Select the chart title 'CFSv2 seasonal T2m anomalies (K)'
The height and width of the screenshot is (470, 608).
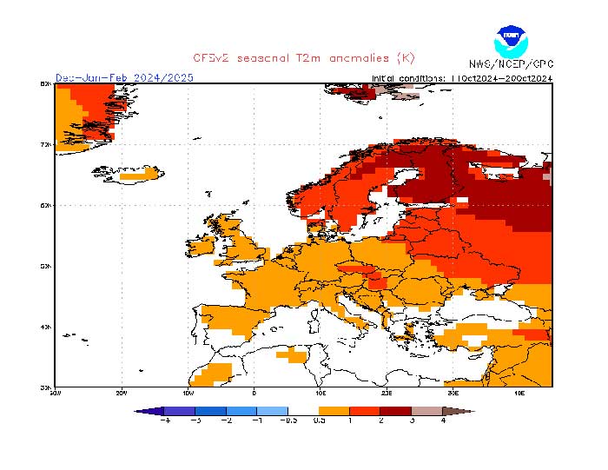coord(304,58)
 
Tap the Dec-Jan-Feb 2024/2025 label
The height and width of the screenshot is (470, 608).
coord(124,77)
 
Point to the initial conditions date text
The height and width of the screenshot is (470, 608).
coord(461,77)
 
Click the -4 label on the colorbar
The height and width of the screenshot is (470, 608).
coord(166,420)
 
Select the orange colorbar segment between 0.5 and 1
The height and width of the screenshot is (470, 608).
coord(334,410)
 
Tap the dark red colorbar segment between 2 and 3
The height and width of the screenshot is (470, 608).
coord(395,410)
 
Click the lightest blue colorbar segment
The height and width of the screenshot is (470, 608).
coord(273,410)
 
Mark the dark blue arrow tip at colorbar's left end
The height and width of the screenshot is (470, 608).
coord(143,410)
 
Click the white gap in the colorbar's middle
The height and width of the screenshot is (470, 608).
coord(303,410)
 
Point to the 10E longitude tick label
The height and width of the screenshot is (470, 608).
coord(321,393)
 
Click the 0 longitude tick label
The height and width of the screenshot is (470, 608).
coord(254,393)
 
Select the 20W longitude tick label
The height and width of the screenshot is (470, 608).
coord(121,393)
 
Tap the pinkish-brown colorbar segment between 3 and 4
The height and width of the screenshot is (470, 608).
coord(426,410)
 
